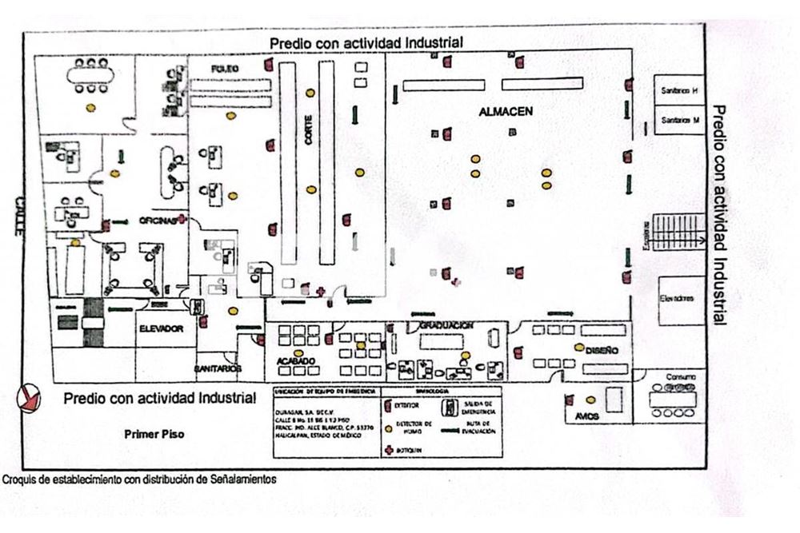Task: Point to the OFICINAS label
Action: click(x=157, y=221)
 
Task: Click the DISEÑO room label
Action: click(x=601, y=349)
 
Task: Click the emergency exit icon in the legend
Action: click(x=452, y=407)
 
